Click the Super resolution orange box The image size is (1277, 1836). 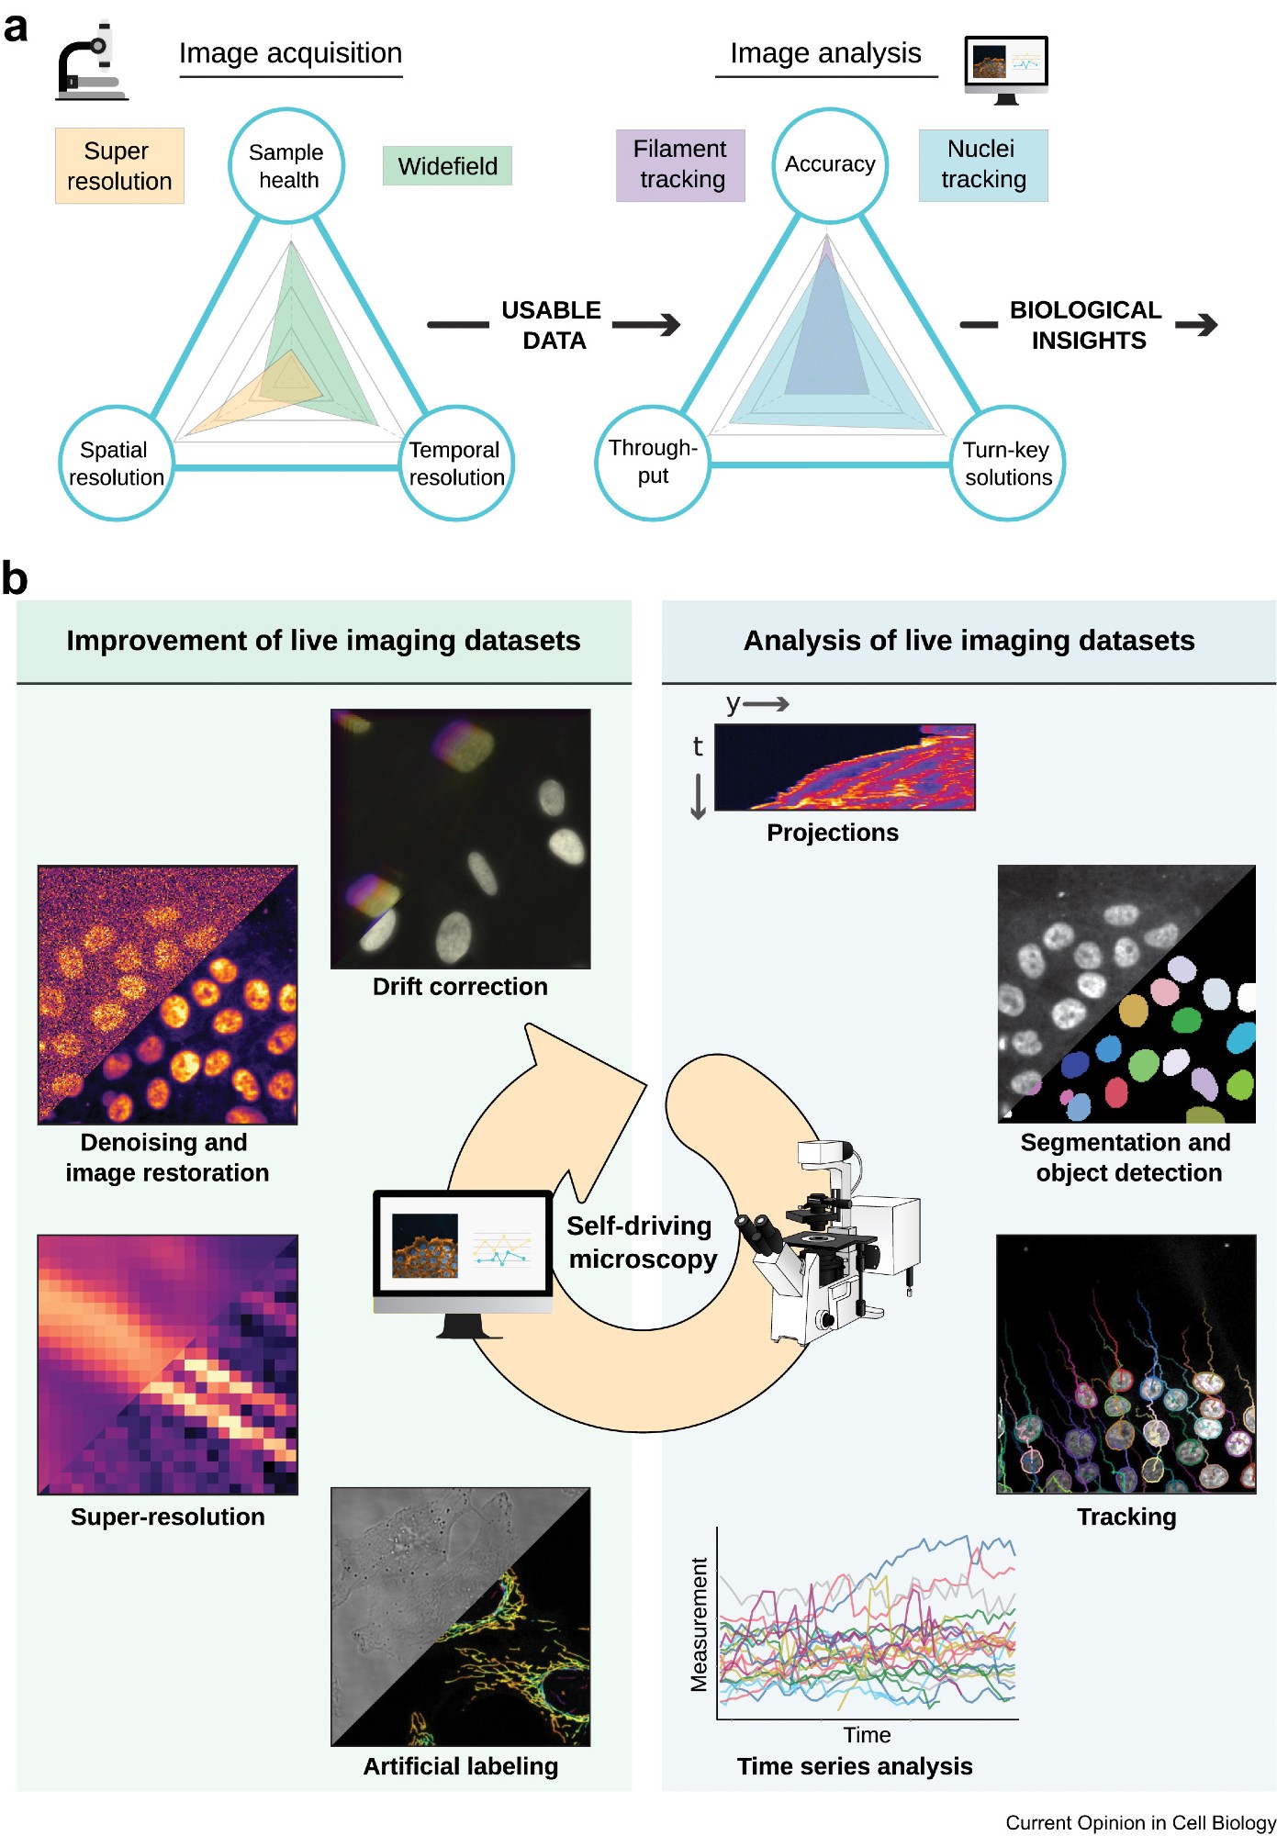(119, 166)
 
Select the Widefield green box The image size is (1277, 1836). (447, 166)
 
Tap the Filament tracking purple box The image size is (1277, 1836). (680, 165)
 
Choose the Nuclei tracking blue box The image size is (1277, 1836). (983, 165)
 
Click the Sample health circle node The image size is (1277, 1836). (286, 166)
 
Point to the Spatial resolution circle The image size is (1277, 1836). (117, 464)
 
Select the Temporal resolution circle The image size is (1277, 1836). (456, 464)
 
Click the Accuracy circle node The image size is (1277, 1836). (830, 165)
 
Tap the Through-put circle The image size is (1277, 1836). (653, 463)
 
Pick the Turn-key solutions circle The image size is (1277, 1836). (1007, 464)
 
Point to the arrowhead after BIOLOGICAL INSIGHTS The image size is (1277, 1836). (1206, 324)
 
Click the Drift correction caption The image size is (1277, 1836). (460, 986)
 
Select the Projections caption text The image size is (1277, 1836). (833, 833)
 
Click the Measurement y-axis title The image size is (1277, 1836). (700, 1624)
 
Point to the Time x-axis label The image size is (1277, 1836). (867, 1735)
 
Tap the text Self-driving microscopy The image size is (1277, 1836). (642, 1242)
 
